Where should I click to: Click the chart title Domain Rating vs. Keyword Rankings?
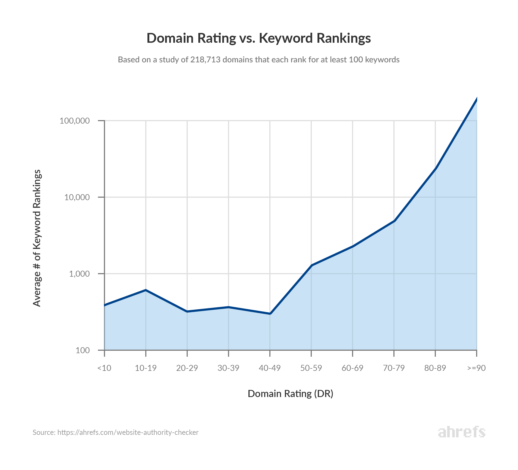(258, 38)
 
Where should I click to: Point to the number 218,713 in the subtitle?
(205, 60)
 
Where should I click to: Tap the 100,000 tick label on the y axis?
(75, 121)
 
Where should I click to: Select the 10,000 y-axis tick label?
(77, 197)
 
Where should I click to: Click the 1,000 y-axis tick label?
(79, 274)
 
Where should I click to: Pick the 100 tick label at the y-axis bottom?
(83, 350)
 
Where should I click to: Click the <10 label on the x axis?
(104, 368)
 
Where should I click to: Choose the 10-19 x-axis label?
(146, 368)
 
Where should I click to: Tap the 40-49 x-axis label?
(270, 368)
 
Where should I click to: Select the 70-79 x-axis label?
(394, 368)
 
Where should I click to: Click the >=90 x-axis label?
(476, 368)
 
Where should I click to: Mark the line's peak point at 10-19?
(146, 290)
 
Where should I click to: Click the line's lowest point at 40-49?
(270, 314)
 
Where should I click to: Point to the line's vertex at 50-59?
(312, 265)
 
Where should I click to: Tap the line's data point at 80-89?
(436, 168)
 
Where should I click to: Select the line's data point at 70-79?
(394, 221)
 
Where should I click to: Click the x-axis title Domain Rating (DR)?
(290, 394)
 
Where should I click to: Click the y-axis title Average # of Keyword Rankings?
(37, 238)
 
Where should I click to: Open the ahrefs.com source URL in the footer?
(128, 432)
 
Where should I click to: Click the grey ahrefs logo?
(461, 432)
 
